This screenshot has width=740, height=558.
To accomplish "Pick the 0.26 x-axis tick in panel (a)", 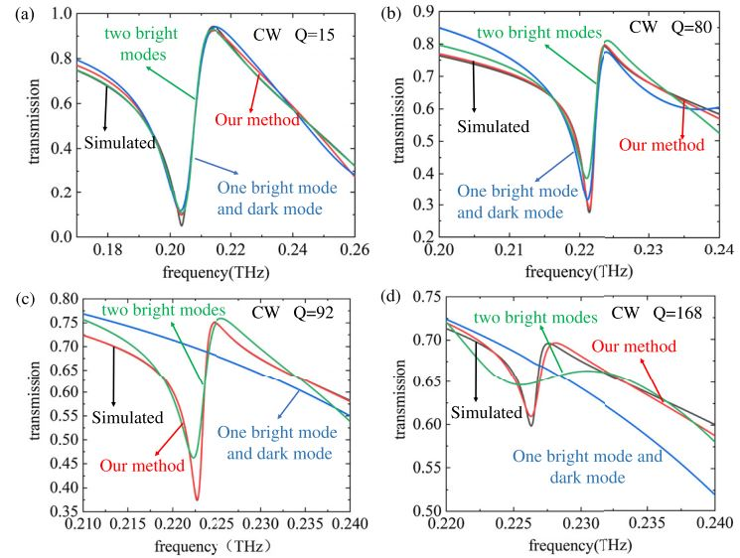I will tap(354, 250).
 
